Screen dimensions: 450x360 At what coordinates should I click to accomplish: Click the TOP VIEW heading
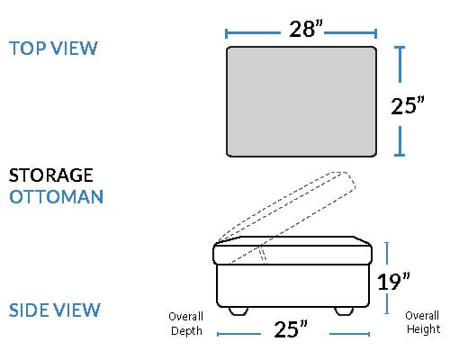pyautogui.click(x=53, y=48)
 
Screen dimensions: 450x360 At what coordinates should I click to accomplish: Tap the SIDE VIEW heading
pyautogui.click(x=55, y=310)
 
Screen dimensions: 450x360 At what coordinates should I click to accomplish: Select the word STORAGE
pyautogui.click(x=51, y=175)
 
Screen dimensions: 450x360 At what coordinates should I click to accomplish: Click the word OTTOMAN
pyautogui.click(x=57, y=197)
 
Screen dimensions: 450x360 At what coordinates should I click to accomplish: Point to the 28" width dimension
pyautogui.click(x=306, y=29)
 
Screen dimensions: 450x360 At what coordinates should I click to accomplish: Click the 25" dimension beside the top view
pyautogui.click(x=408, y=105)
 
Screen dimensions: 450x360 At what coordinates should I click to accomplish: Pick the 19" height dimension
pyautogui.click(x=393, y=282)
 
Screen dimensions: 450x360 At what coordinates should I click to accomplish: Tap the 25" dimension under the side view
pyautogui.click(x=291, y=329)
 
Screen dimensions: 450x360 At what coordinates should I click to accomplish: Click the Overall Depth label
pyautogui.click(x=186, y=324)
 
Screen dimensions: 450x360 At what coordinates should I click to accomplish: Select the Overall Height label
pyautogui.click(x=423, y=322)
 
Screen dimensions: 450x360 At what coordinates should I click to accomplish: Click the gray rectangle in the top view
pyautogui.click(x=301, y=102)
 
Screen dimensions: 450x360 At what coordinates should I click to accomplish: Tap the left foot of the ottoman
pyautogui.click(x=238, y=310)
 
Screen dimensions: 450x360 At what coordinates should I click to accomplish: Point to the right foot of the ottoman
pyautogui.click(x=344, y=310)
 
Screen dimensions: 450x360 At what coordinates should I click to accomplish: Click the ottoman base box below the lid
pyautogui.click(x=292, y=285)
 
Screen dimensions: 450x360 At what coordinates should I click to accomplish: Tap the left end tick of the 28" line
pyautogui.click(x=226, y=33)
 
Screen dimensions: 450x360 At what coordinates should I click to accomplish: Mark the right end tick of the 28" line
pyautogui.click(x=375, y=33)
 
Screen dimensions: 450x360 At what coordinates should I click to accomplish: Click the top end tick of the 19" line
pyautogui.click(x=387, y=243)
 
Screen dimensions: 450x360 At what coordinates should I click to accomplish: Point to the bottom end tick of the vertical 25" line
pyautogui.click(x=400, y=155)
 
